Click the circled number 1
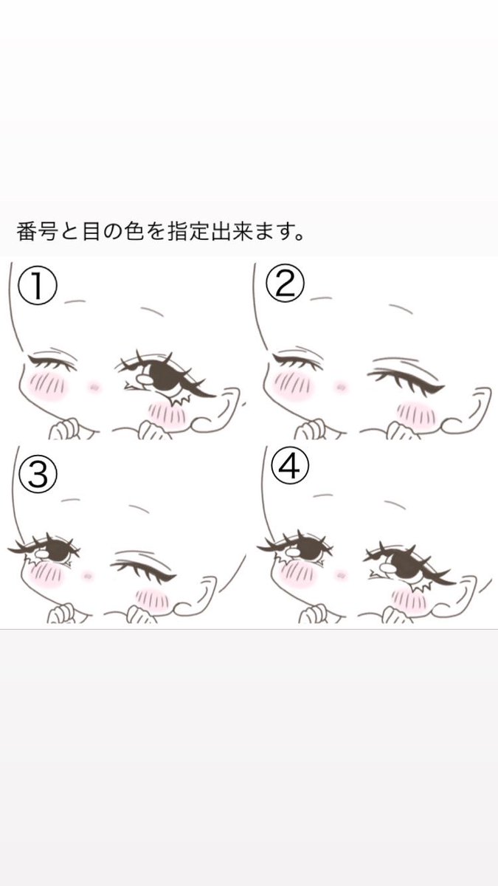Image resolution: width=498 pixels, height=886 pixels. click(38, 285)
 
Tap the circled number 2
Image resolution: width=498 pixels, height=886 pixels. click(286, 284)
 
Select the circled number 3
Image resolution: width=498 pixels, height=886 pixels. click(38, 475)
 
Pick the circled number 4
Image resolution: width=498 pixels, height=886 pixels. click(290, 467)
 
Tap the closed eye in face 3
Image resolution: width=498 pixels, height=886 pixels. click(142, 568)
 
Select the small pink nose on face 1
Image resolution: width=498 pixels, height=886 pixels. click(94, 387)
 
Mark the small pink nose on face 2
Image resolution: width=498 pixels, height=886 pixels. click(341, 385)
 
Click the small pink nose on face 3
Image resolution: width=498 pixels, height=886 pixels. click(87, 575)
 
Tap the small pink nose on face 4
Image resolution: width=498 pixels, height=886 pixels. click(340, 573)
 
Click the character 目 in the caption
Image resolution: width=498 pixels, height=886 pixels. click(91, 232)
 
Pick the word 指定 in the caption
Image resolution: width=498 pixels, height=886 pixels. click(187, 232)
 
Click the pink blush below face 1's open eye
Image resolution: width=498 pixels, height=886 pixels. click(167, 414)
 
